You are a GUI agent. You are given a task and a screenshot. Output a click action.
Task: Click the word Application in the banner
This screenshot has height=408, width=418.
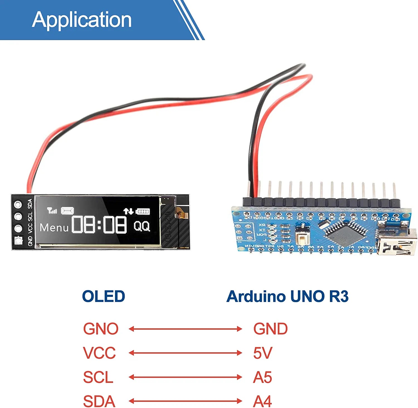82,20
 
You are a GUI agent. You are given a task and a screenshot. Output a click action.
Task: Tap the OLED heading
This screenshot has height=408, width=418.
103,296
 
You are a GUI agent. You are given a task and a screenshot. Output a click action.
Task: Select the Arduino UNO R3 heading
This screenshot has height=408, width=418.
287,296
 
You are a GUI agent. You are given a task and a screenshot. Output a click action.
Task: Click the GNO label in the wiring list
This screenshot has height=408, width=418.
101,329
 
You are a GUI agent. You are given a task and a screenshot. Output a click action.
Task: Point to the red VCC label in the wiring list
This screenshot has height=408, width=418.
99,353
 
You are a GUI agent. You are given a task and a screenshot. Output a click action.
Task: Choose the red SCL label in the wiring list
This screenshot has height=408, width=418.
98,377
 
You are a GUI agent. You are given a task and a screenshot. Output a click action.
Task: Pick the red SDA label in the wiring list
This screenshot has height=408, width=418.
99,401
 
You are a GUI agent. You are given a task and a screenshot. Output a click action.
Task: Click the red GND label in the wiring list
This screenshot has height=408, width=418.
270,329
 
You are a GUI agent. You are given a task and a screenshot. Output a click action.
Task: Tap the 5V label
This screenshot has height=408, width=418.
263,353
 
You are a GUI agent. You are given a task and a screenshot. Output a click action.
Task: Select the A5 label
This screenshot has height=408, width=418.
262,377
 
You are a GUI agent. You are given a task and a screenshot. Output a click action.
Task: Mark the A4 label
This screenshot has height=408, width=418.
262,401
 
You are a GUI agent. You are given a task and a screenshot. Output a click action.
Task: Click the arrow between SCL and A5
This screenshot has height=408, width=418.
185,377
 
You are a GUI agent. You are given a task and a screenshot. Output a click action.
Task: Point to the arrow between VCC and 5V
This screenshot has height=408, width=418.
185,353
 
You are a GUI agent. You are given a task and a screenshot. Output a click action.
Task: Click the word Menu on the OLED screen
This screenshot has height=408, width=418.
54,228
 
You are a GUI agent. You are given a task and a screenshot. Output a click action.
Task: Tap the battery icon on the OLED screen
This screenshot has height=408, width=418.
143,212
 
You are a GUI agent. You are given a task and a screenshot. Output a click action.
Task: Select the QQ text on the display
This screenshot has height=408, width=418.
142,226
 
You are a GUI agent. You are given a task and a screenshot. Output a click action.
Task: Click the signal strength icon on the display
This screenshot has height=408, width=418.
52,211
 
